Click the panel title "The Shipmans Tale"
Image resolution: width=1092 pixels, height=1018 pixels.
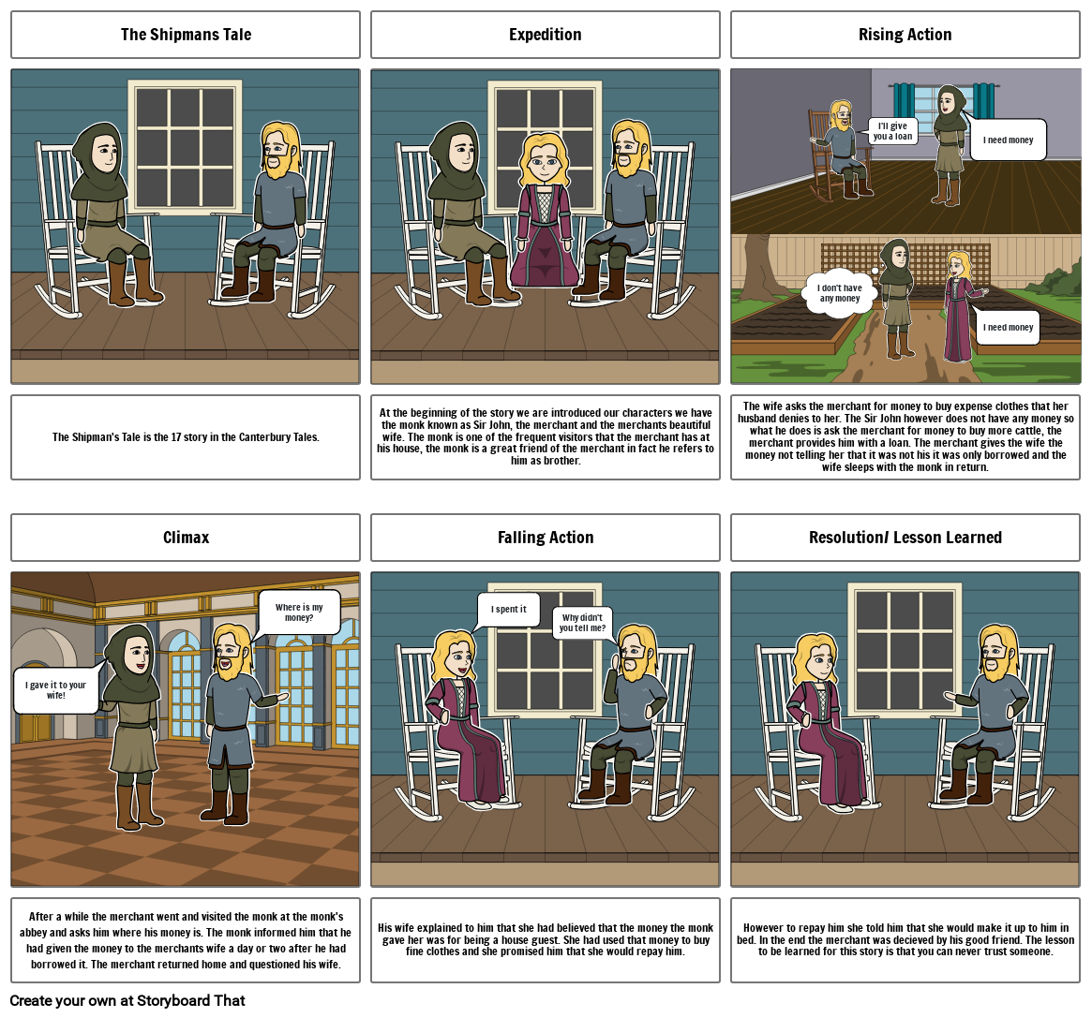(x=186, y=35)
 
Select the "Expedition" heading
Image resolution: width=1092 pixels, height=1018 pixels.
(x=545, y=35)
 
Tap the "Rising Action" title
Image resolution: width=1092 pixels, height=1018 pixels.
(x=905, y=35)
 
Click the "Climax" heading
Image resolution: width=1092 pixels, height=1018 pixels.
(x=186, y=538)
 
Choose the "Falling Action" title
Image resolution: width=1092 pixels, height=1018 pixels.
(x=545, y=538)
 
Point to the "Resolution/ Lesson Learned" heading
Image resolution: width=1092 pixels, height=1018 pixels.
(x=905, y=538)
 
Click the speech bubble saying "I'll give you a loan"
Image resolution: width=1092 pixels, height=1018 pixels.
(x=891, y=131)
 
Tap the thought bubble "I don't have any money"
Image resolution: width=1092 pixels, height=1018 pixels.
(x=840, y=293)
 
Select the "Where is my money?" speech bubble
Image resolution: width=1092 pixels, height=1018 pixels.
(x=299, y=612)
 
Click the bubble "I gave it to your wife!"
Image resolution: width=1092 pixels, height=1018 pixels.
(x=56, y=690)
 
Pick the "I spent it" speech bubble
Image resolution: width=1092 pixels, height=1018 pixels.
(x=509, y=609)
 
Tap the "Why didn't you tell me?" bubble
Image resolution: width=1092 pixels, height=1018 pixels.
(x=583, y=623)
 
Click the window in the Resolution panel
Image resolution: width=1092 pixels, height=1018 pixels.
(x=905, y=637)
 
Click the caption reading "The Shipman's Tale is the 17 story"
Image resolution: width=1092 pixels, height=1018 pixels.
(x=186, y=437)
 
